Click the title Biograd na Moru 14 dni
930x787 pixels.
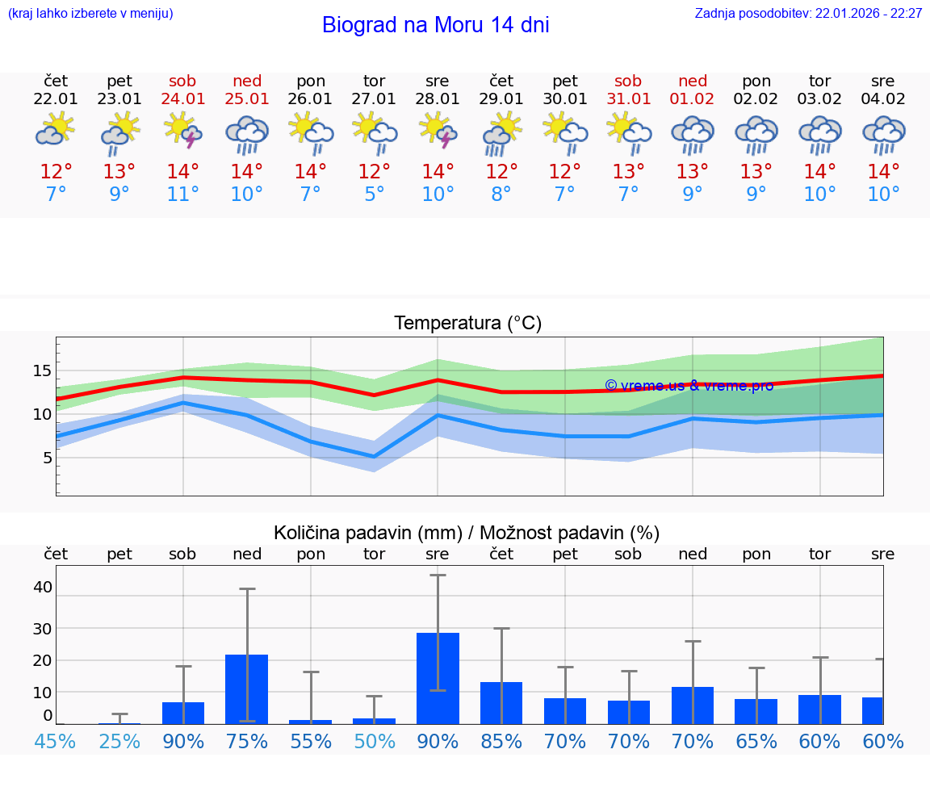[x=435, y=25]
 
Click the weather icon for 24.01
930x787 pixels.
[x=183, y=131]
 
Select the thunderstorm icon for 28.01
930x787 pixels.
[x=438, y=131]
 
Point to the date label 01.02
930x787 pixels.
[x=692, y=99]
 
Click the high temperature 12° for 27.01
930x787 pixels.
[x=374, y=172]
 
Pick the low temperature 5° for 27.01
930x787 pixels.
[x=374, y=195]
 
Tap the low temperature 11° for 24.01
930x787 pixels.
[x=183, y=195]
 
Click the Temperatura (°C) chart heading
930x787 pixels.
[x=467, y=324]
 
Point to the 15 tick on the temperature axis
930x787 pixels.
[x=42, y=371]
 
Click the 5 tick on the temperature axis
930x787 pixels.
[x=47, y=458]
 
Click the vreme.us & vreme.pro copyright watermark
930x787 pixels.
[x=689, y=386]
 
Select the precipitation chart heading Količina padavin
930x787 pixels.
[x=467, y=533]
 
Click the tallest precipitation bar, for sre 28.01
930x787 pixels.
[x=438, y=678]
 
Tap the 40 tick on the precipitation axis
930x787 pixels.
[x=42, y=587]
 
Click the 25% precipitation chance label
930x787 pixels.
[x=119, y=741]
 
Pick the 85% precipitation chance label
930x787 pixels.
[x=501, y=741]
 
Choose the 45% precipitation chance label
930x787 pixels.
[x=56, y=741]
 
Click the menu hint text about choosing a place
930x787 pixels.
[x=90, y=14]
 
